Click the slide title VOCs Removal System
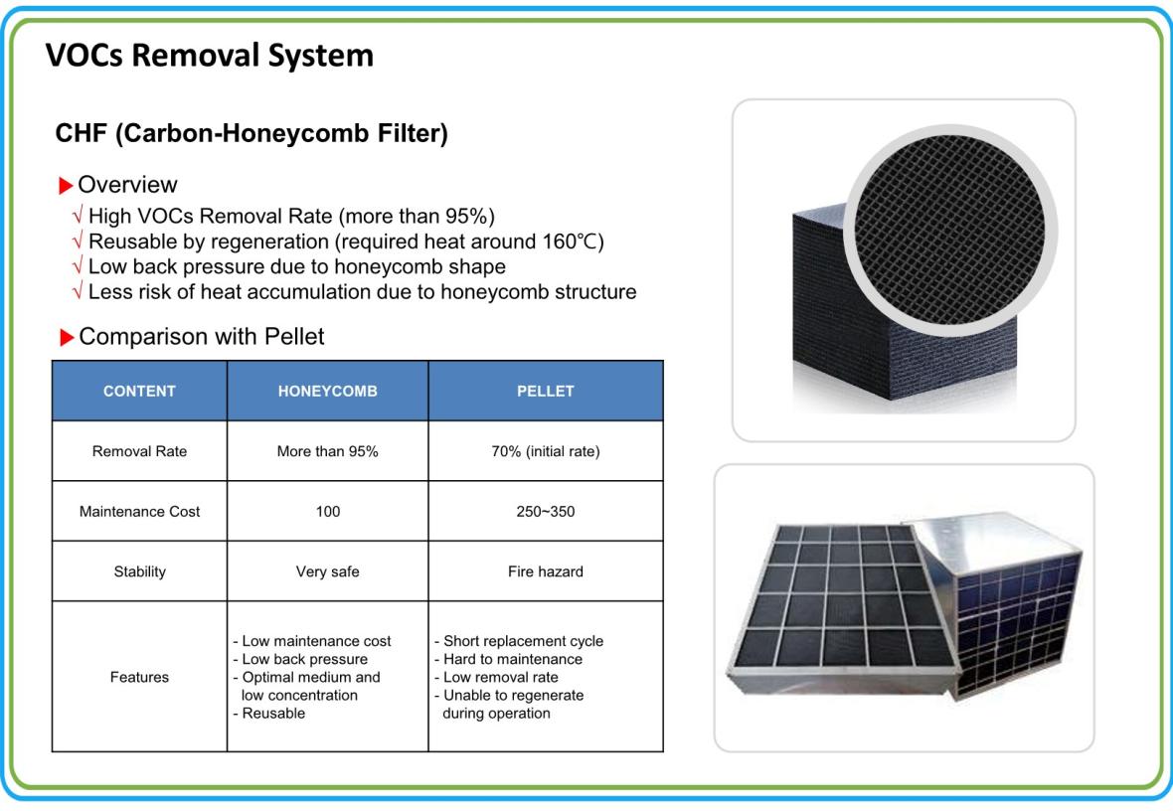(210, 56)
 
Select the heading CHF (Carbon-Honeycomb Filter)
(251, 133)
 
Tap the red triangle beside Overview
(66, 185)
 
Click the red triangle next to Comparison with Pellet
(67, 337)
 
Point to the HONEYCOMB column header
(328, 392)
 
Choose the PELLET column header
(546, 392)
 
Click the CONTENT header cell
(139, 392)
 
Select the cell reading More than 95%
(328, 451)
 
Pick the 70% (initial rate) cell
(546, 451)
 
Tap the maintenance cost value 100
(328, 512)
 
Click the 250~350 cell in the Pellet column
(546, 512)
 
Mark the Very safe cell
(328, 571)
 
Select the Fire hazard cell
(546, 571)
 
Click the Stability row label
(140, 571)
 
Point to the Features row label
(139, 677)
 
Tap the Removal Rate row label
(139, 451)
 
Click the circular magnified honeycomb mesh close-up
(950, 230)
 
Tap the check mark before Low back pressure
(78, 266)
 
